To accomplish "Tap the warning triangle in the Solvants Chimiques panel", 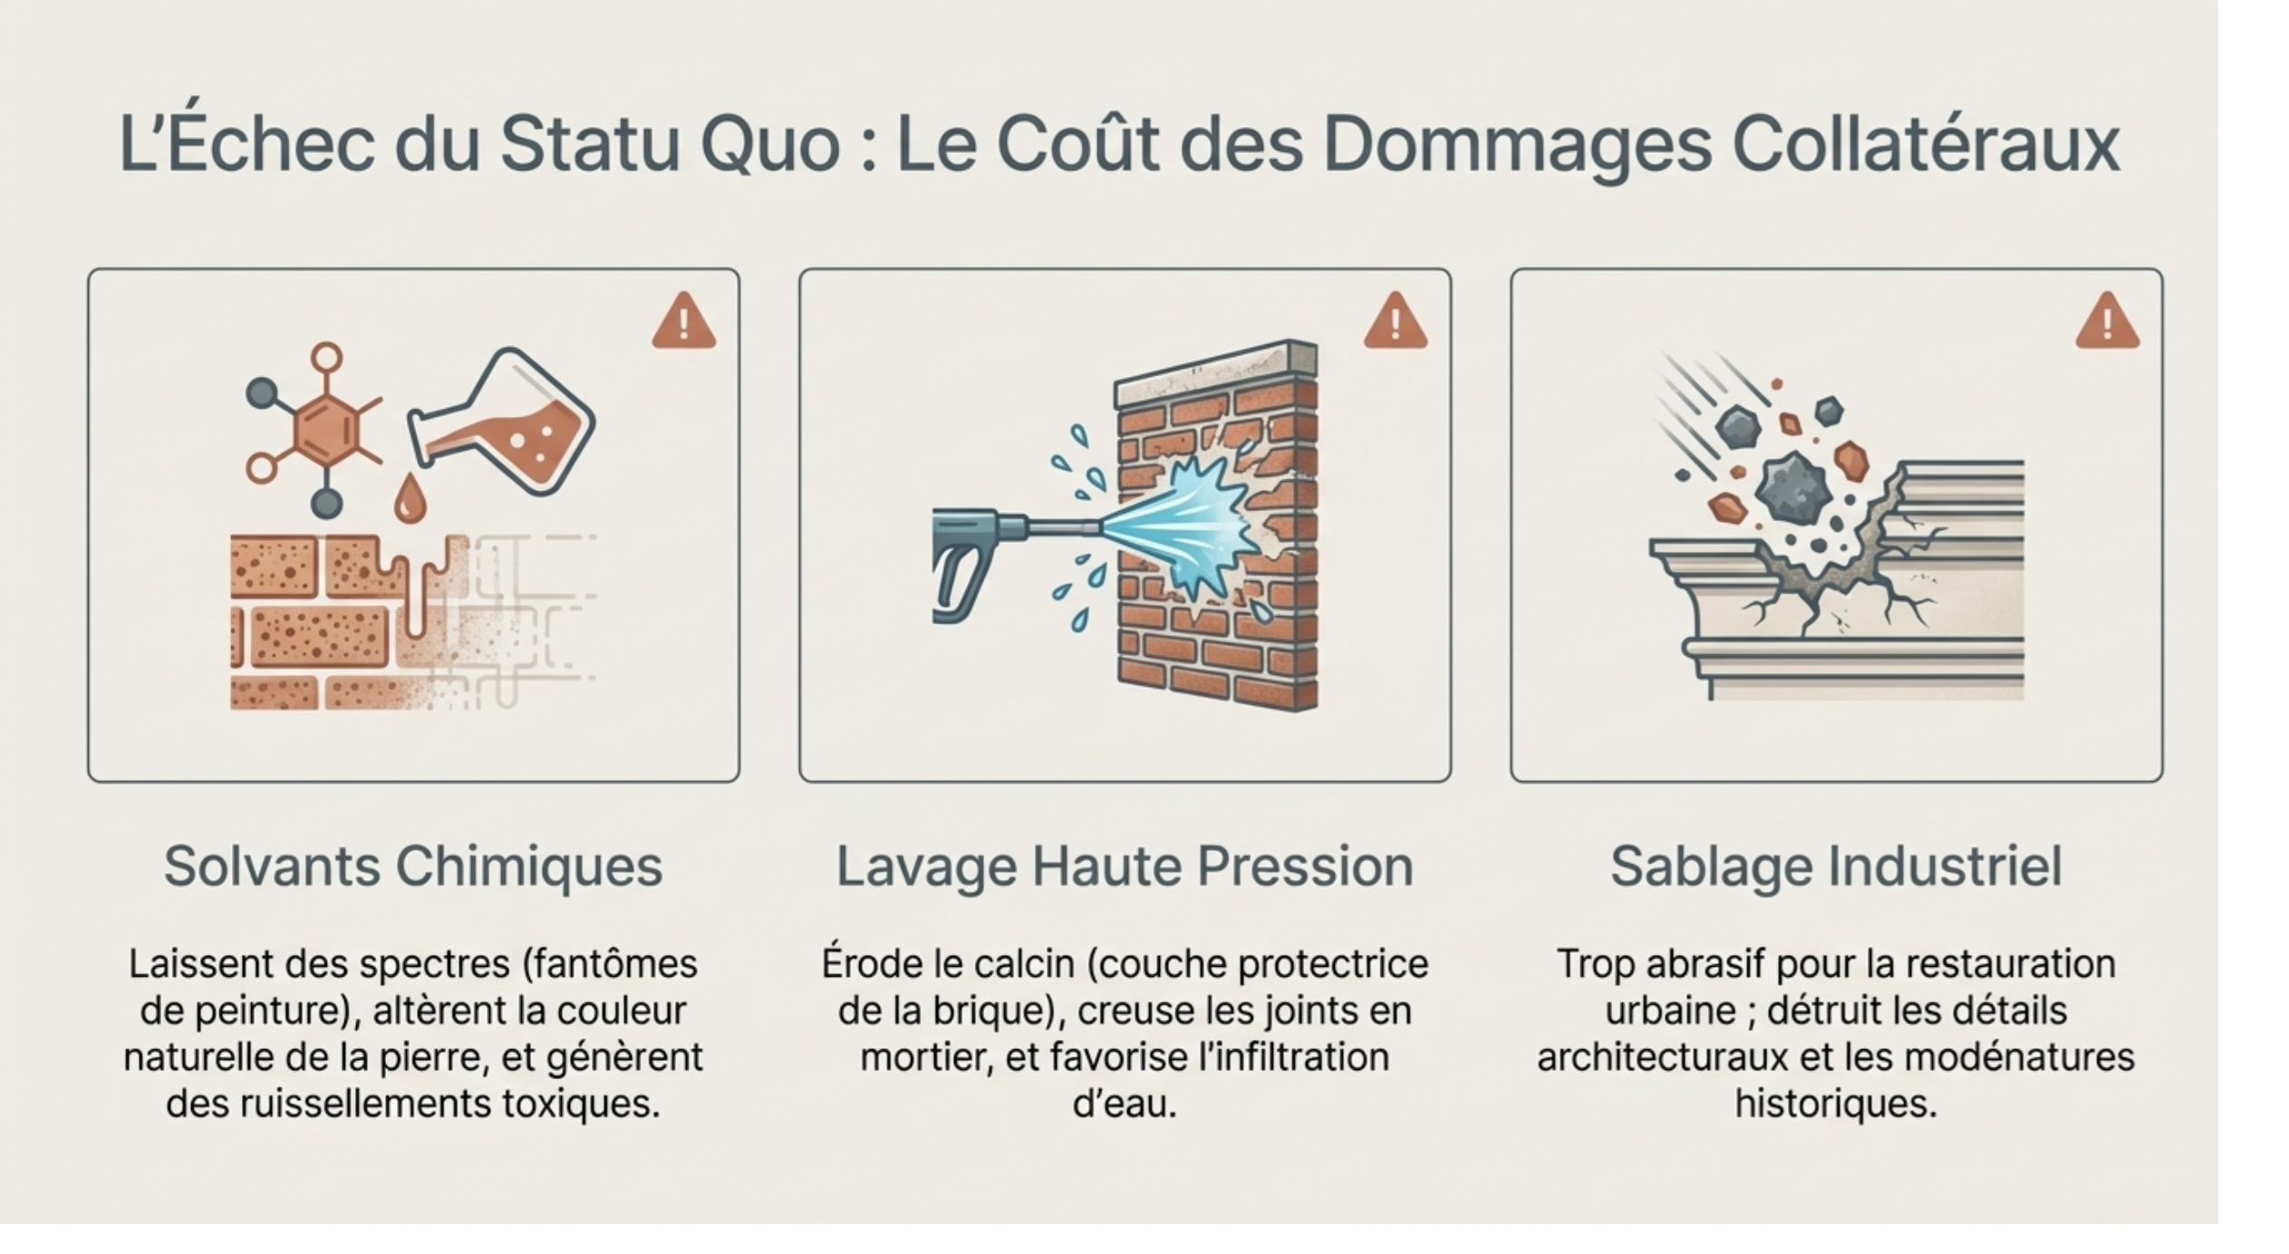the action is point(684,321).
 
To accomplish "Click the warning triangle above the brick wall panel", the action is point(1396,321).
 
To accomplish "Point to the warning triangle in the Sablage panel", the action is point(2108,321).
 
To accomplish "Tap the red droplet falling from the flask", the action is point(410,497).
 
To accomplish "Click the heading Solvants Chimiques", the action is point(413,866).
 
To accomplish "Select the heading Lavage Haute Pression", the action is point(1125,867).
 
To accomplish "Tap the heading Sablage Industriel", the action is point(1836,866).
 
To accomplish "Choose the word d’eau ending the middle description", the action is point(1125,1104).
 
